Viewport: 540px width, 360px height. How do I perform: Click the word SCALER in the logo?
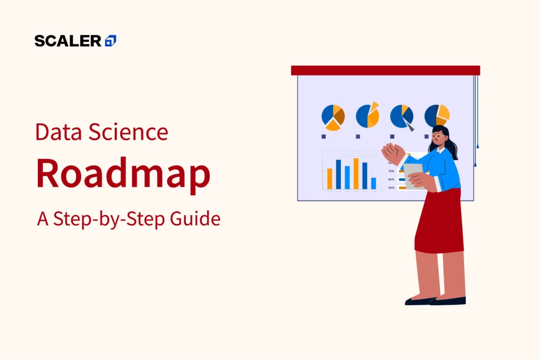[x=68, y=41]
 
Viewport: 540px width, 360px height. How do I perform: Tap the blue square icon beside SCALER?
[x=111, y=41]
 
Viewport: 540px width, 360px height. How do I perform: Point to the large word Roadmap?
[x=123, y=174]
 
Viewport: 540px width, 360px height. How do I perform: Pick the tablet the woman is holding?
[x=413, y=173]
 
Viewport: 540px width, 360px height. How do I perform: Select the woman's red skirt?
[x=439, y=221]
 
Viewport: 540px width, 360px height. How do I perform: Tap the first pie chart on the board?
[x=333, y=116]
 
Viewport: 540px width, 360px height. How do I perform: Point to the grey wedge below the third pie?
[x=409, y=126]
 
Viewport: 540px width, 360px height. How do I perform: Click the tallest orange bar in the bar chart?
[x=356, y=173]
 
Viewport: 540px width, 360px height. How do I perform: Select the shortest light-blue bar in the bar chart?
[x=373, y=183]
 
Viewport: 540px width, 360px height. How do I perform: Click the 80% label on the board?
[x=391, y=180]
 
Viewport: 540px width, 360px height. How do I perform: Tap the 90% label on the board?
[x=391, y=188]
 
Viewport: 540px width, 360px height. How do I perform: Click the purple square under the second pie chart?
[x=358, y=137]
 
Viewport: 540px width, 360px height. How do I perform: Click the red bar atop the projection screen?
[x=385, y=70]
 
